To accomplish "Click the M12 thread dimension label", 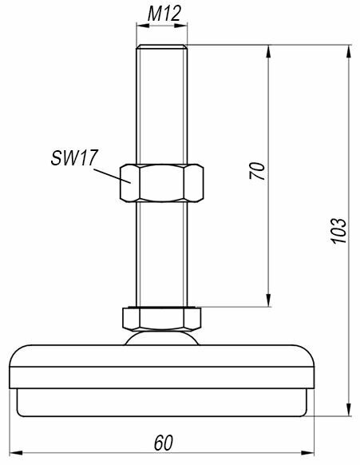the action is pos(164,14).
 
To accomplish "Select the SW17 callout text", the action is pos(74,157).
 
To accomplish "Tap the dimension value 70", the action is pos(257,170).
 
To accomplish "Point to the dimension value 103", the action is pos(338,231).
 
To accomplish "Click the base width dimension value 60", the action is pos(164,443).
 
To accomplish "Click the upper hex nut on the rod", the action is pos(162,183).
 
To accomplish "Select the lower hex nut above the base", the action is pos(162,319).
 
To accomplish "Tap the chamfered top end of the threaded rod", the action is pos(162,46).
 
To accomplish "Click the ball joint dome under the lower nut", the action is pos(162,338).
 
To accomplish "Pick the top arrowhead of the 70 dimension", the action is pos(268,51).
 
